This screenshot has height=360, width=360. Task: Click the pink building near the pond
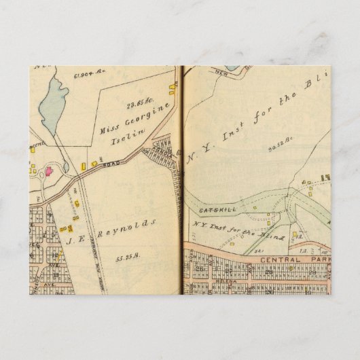click(x=49, y=170)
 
